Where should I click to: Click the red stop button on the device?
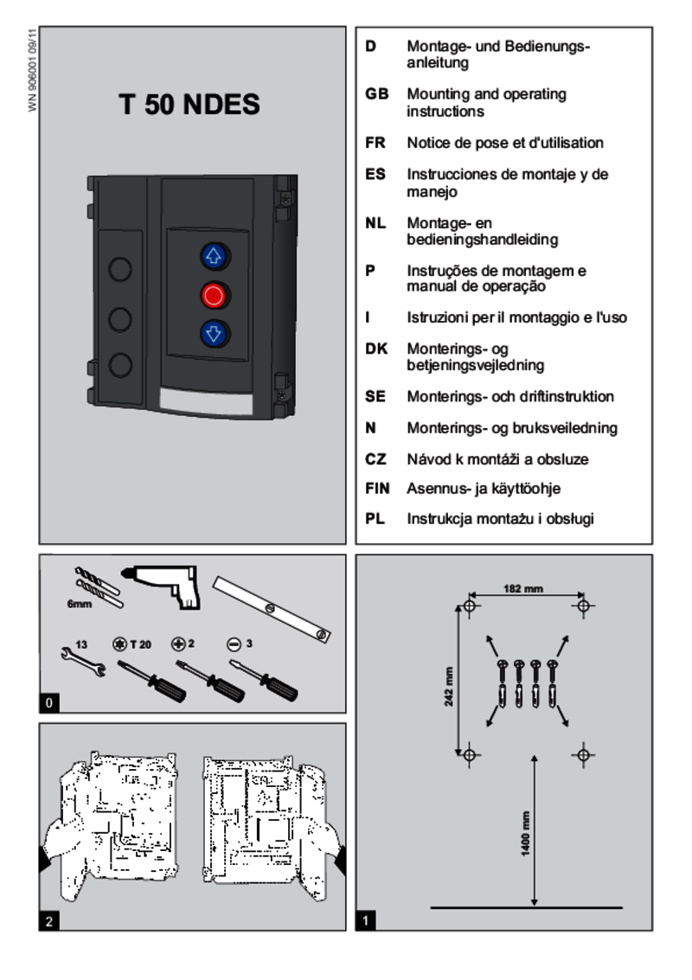click(x=214, y=295)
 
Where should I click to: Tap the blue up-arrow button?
click(x=213, y=256)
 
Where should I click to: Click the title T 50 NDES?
click(x=189, y=106)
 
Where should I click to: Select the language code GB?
click(x=376, y=94)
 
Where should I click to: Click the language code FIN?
click(x=378, y=489)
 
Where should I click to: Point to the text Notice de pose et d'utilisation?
click(x=505, y=143)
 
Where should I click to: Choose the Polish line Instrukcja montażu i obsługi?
click(x=500, y=520)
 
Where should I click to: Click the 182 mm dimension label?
click(x=523, y=589)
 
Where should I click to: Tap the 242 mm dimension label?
click(x=449, y=687)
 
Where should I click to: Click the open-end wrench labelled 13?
click(x=83, y=661)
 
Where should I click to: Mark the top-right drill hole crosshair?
click(x=584, y=605)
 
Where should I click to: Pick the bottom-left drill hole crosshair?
click(x=470, y=754)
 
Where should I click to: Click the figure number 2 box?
click(x=50, y=922)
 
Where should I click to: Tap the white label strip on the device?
click(x=206, y=400)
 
